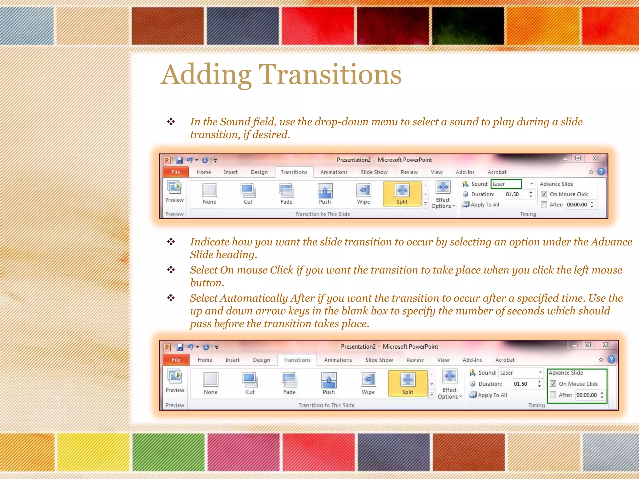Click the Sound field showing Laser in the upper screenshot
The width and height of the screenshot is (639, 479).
tap(506, 184)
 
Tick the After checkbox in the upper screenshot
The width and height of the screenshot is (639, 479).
tap(544, 205)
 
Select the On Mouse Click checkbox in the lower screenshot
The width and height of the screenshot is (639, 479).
tap(553, 384)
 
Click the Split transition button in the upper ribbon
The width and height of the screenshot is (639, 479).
tap(402, 194)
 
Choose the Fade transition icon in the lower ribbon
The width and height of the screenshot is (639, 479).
tap(289, 380)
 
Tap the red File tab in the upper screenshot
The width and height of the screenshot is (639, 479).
tap(176, 172)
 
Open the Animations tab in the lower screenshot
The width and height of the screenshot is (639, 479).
tap(338, 360)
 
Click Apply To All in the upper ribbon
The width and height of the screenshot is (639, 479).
tap(485, 205)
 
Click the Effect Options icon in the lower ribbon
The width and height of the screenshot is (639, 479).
tap(449, 377)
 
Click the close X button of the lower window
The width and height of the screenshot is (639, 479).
tap(606, 345)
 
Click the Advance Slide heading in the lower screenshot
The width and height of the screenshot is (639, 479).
tap(566, 373)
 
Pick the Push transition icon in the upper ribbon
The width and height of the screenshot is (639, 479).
tap(325, 191)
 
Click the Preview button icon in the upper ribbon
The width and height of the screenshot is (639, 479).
tap(174, 187)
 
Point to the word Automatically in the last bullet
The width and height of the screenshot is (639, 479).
tap(254, 298)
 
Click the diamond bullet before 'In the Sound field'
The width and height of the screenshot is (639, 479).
tap(171, 122)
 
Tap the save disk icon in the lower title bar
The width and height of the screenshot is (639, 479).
tap(180, 347)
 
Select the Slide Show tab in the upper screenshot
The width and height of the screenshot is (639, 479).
tap(374, 172)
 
